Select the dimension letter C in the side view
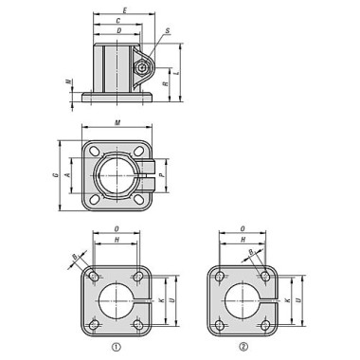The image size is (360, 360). (x=117, y=20)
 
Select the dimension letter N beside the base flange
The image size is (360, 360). (x=67, y=82)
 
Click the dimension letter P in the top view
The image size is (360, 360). (x=164, y=175)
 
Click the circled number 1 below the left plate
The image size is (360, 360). (x=117, y=347)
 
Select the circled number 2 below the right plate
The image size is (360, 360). (x=243, y=347)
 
